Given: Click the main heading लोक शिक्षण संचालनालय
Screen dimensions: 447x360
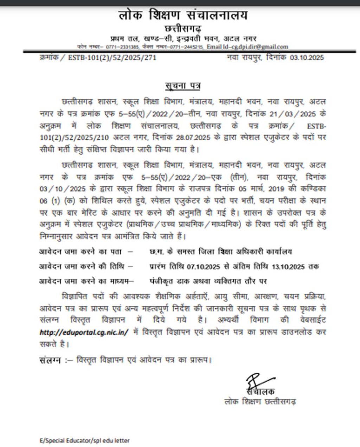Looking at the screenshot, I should [182, 15].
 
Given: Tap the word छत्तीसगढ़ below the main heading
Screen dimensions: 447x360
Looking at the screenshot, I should [182, 29].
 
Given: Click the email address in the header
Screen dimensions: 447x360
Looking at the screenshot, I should [247, 47].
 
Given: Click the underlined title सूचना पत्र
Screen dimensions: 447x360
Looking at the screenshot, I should [182, 86].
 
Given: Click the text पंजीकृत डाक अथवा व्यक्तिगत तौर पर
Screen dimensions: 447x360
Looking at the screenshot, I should [208, 281].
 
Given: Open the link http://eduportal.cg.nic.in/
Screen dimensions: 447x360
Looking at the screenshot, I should [84, 332].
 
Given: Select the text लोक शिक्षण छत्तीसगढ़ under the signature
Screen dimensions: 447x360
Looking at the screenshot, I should [260, 401].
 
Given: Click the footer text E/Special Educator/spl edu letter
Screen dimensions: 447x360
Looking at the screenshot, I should [84, 440].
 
